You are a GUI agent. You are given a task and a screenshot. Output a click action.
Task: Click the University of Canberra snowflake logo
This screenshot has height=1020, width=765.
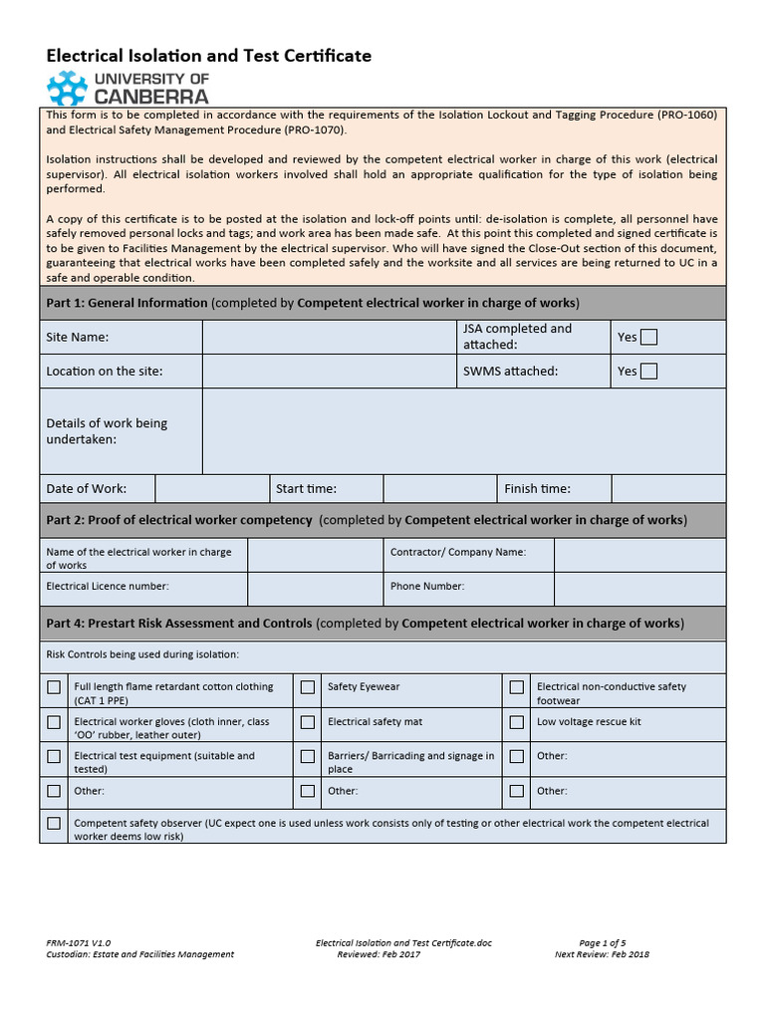pos(68,88)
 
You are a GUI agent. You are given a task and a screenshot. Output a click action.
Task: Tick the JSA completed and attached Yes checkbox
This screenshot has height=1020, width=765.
pos(648,337)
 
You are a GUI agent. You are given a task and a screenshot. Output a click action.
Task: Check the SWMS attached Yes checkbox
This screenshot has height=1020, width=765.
pos(648,372)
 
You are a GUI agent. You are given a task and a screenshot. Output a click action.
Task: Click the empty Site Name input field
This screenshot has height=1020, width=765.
pos(328,337)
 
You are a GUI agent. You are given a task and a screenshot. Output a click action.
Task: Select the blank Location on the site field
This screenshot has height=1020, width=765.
pos(328,372)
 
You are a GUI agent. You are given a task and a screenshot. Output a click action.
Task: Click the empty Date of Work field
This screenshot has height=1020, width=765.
pos(211,488)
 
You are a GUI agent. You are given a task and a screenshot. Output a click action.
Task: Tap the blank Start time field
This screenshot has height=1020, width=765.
pos(439,488)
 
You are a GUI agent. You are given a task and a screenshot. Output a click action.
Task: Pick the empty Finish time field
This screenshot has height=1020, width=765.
pos(667,488)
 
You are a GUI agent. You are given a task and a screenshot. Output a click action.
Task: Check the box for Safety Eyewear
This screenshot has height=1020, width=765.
pos(308,687)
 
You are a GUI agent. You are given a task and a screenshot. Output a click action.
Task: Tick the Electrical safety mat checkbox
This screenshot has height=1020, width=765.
pos(308,722)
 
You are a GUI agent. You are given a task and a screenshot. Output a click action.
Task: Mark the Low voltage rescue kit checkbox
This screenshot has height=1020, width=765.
pos(517,722)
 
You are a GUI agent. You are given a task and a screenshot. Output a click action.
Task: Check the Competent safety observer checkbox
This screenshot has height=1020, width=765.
pos(53,824)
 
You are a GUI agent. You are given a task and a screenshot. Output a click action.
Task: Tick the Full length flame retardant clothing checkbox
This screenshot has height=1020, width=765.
pos(53,687)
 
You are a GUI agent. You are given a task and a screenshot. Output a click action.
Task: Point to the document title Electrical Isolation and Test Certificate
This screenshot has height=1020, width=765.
pos(209,56)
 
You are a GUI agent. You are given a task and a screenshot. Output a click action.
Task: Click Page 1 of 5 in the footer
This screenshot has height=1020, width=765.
pos(602,942)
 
